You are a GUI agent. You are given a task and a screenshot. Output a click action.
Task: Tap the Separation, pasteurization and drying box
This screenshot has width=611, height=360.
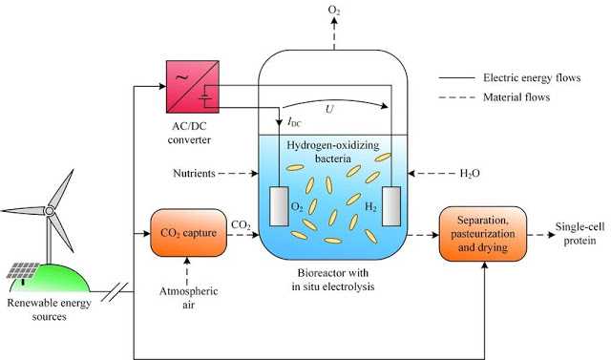pyautogui.click(x=483, y=231)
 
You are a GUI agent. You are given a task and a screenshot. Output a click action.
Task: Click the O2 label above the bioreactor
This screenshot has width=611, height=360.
pyautogui.click(x=335, y=11)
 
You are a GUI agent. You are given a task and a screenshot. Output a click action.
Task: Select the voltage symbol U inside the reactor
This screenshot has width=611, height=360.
pyautogui.click(x=329, y=111)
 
